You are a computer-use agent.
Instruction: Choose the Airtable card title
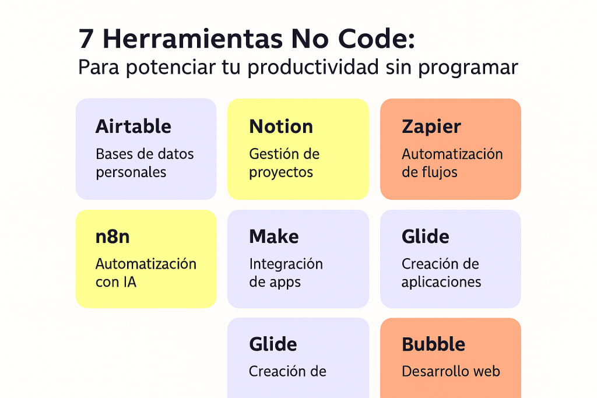point(133,126)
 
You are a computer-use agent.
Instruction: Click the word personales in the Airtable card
point(131,172)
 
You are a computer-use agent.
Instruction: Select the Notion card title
point(281,126)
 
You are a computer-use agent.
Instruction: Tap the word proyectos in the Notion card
point(281,173)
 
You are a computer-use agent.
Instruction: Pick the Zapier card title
point(431,126)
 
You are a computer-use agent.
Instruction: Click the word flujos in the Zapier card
point(436,172)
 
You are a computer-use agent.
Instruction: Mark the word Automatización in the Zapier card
point(452,154)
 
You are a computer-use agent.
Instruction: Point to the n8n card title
point(112,237)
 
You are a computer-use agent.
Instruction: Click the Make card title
point(273,237)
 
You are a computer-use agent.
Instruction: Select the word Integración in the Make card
point(286,265)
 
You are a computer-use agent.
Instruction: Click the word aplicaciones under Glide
point(441,283)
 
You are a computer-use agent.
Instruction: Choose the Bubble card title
point(433,344)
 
